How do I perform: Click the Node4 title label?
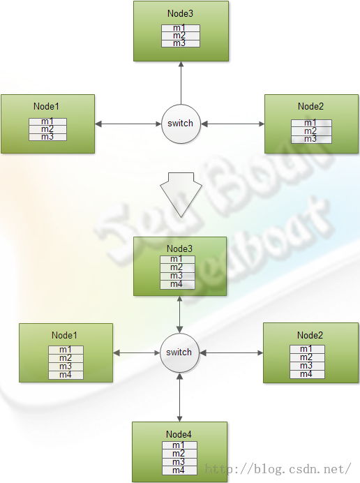click(x=179, y=434)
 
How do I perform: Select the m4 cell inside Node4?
click(x=179, y=470)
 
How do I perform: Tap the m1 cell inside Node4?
click(x=179, y=445)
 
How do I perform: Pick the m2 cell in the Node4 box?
click(x=179, y=454)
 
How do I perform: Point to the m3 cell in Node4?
click(x=179, y=462)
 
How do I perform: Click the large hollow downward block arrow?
click(x=181, y=195)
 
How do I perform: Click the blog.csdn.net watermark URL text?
click(x=278, y=469)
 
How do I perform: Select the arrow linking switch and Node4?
click(x=179, y=397)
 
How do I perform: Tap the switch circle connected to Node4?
click(x=179, y=352)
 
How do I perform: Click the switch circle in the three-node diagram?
click(x=181, y=124)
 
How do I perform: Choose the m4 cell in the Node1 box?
click(x=66, y=375)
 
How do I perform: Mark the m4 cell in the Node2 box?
click(x=307, y=374)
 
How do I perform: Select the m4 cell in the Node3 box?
click(x=177, y=285)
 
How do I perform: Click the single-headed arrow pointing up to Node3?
click(x=181, y=83)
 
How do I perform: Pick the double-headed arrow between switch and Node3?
click(x=179, y=315)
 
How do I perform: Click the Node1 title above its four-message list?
click(x=64, y=335)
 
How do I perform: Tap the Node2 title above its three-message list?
click(x=310, y=106)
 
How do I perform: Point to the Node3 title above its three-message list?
click(x=180, y=13)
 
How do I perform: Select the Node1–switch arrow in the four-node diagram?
click(x=137, y=352)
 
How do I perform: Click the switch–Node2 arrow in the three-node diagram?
click(x=232, y=124)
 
